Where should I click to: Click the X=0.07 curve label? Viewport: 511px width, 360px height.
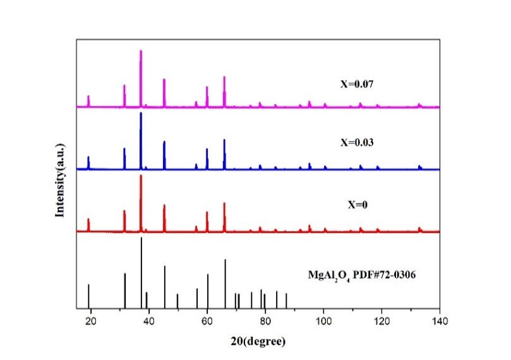[x=357, y=83]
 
